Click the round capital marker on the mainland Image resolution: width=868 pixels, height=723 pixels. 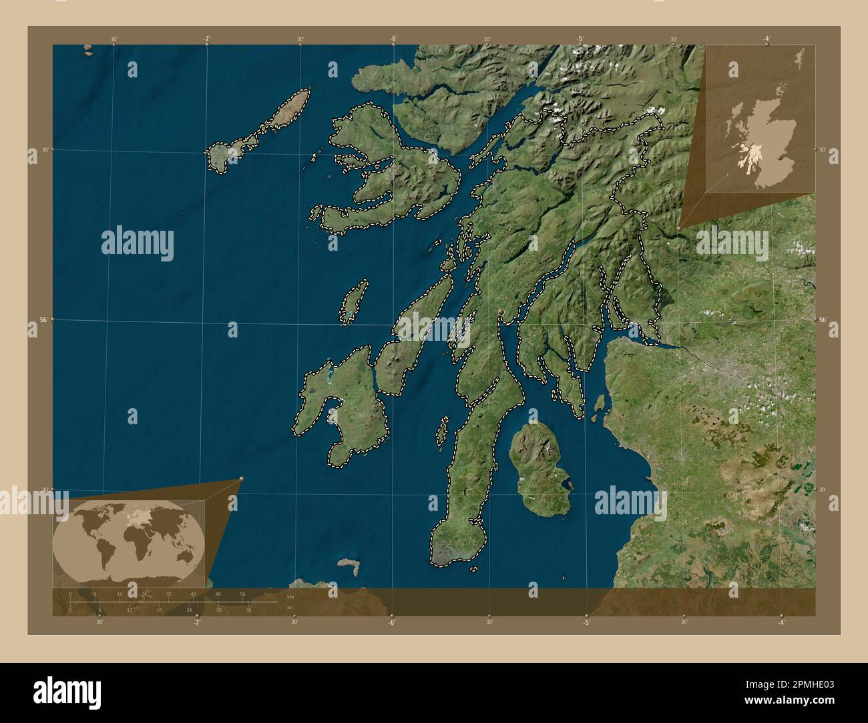point(501,311)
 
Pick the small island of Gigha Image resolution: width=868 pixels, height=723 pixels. point(441,433)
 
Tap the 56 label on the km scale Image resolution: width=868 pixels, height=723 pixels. point(242,594)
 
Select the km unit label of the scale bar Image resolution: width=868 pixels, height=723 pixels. point(290,597)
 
